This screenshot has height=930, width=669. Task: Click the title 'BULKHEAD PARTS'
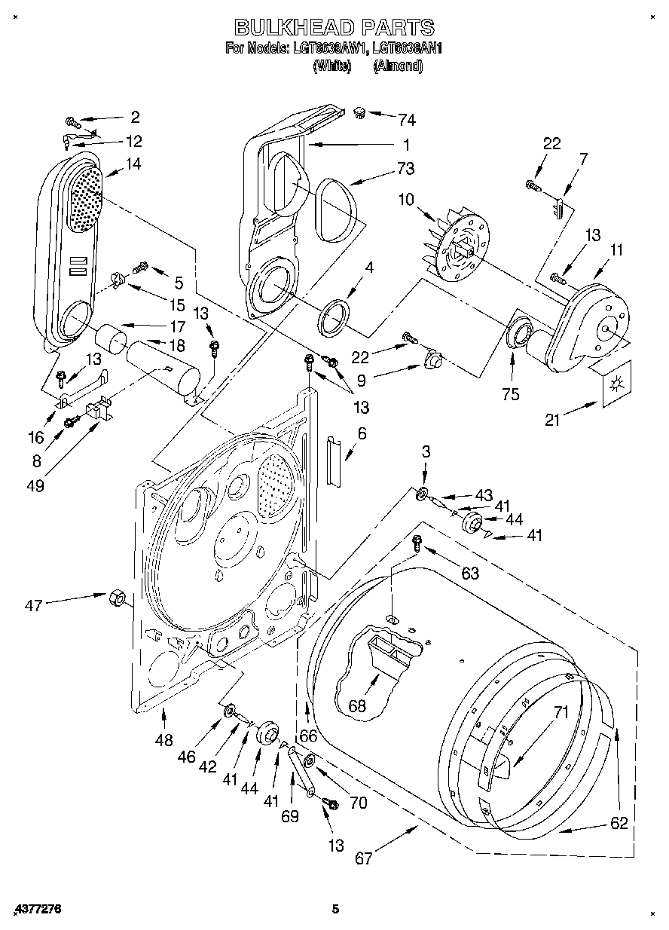click(334, 28)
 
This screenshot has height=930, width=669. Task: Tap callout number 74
click(407, 119)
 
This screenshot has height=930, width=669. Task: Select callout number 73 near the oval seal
click(406, 168)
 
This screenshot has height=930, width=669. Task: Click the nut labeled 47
click(117, 597)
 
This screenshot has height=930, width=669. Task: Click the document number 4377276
click(36, 910)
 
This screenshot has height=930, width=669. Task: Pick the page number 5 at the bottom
click(337, 910)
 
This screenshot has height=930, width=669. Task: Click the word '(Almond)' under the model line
click(399, 66)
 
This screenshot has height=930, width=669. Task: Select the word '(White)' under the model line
click(332, 66)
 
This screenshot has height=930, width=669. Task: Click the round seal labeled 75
click(518, 332)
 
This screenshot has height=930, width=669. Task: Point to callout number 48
click(163, 742)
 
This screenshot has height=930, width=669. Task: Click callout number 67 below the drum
click(364, 858)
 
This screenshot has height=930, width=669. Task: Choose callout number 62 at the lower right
click(619, 823)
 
